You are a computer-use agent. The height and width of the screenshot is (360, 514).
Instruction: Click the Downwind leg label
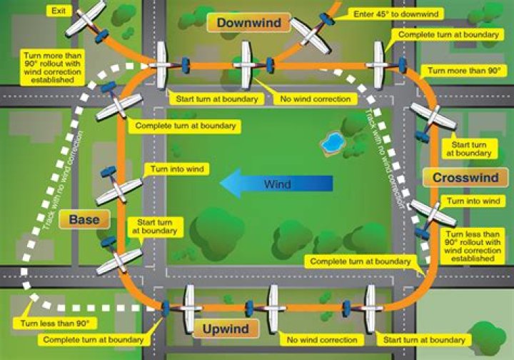pos(249,23)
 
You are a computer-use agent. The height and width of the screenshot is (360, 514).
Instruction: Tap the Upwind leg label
pos(226,329)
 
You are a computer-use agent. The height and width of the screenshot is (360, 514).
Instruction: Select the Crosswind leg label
pos(465,178)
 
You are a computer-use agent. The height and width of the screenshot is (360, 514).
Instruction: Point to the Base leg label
pos(84,219)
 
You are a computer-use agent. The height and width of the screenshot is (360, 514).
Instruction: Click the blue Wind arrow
pos(276,184)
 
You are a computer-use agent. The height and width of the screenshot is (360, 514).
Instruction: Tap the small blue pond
pos(332,143)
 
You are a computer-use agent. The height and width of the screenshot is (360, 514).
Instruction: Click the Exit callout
pos(59,11)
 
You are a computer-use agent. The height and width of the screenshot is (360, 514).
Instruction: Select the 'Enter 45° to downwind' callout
pos(396,14)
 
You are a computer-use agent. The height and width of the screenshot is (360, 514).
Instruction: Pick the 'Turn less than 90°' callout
pos(55,324)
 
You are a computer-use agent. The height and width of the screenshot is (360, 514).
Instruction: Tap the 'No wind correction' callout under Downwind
pos(316,99)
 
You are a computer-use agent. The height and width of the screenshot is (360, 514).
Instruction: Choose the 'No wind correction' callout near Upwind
pos(322,340)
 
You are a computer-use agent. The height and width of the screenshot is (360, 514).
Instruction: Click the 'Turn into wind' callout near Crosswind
pos(473,201)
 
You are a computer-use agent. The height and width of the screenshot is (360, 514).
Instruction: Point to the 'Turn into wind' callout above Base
pos(177,169)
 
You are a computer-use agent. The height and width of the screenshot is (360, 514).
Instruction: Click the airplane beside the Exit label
pos(88,22)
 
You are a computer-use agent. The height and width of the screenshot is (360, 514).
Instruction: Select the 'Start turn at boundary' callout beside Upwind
pos(424,340)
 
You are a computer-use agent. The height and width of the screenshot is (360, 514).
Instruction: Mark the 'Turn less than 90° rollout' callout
pos(473,246)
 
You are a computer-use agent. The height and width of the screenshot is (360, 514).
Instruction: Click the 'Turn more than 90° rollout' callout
pos(52,68)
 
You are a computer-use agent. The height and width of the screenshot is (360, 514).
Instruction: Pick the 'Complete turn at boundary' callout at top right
pos(448,35)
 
